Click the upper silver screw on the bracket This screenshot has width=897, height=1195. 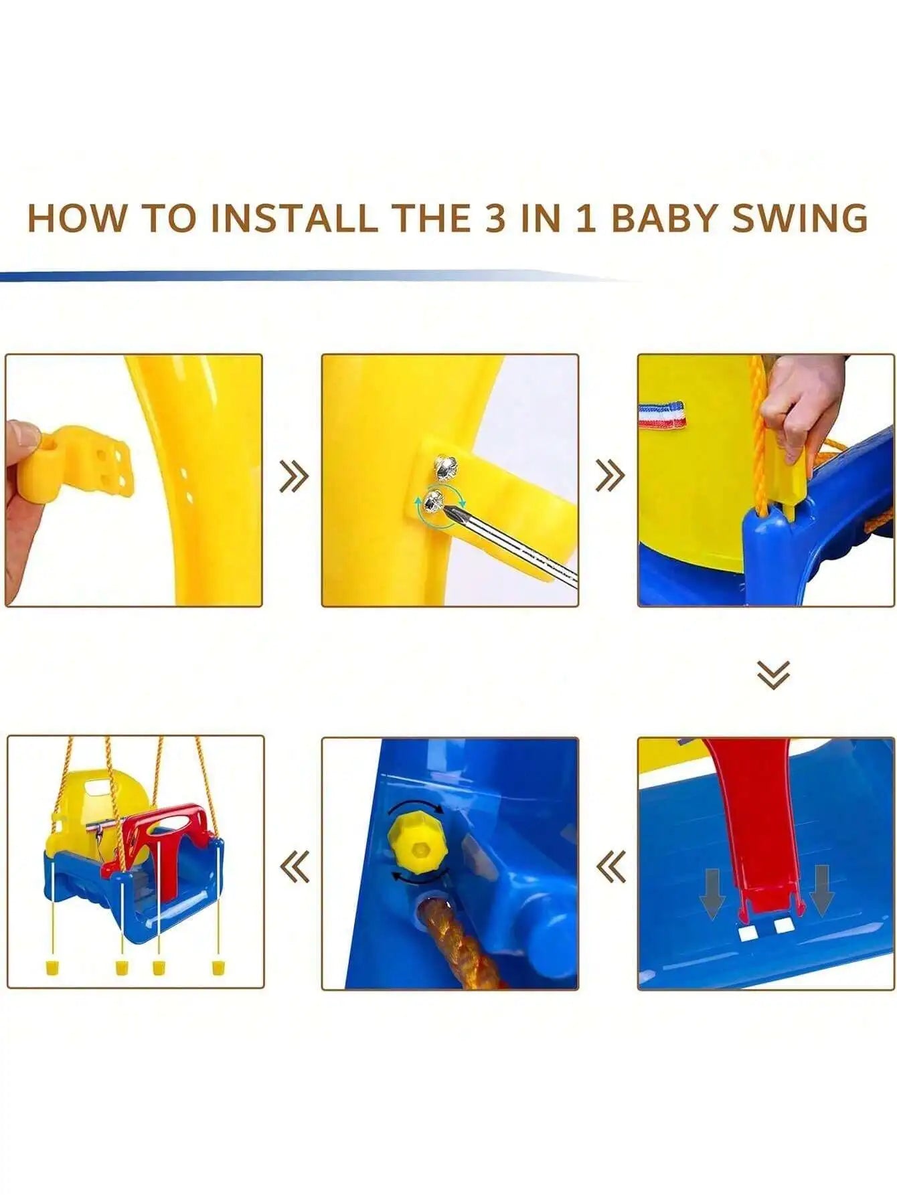click(446, 466)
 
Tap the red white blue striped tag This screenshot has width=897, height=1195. click(662, 414)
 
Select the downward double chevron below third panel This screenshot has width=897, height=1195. click(773, 674)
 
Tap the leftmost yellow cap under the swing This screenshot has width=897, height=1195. click(49, 967)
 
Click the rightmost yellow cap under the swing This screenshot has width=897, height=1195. click(218, 967)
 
